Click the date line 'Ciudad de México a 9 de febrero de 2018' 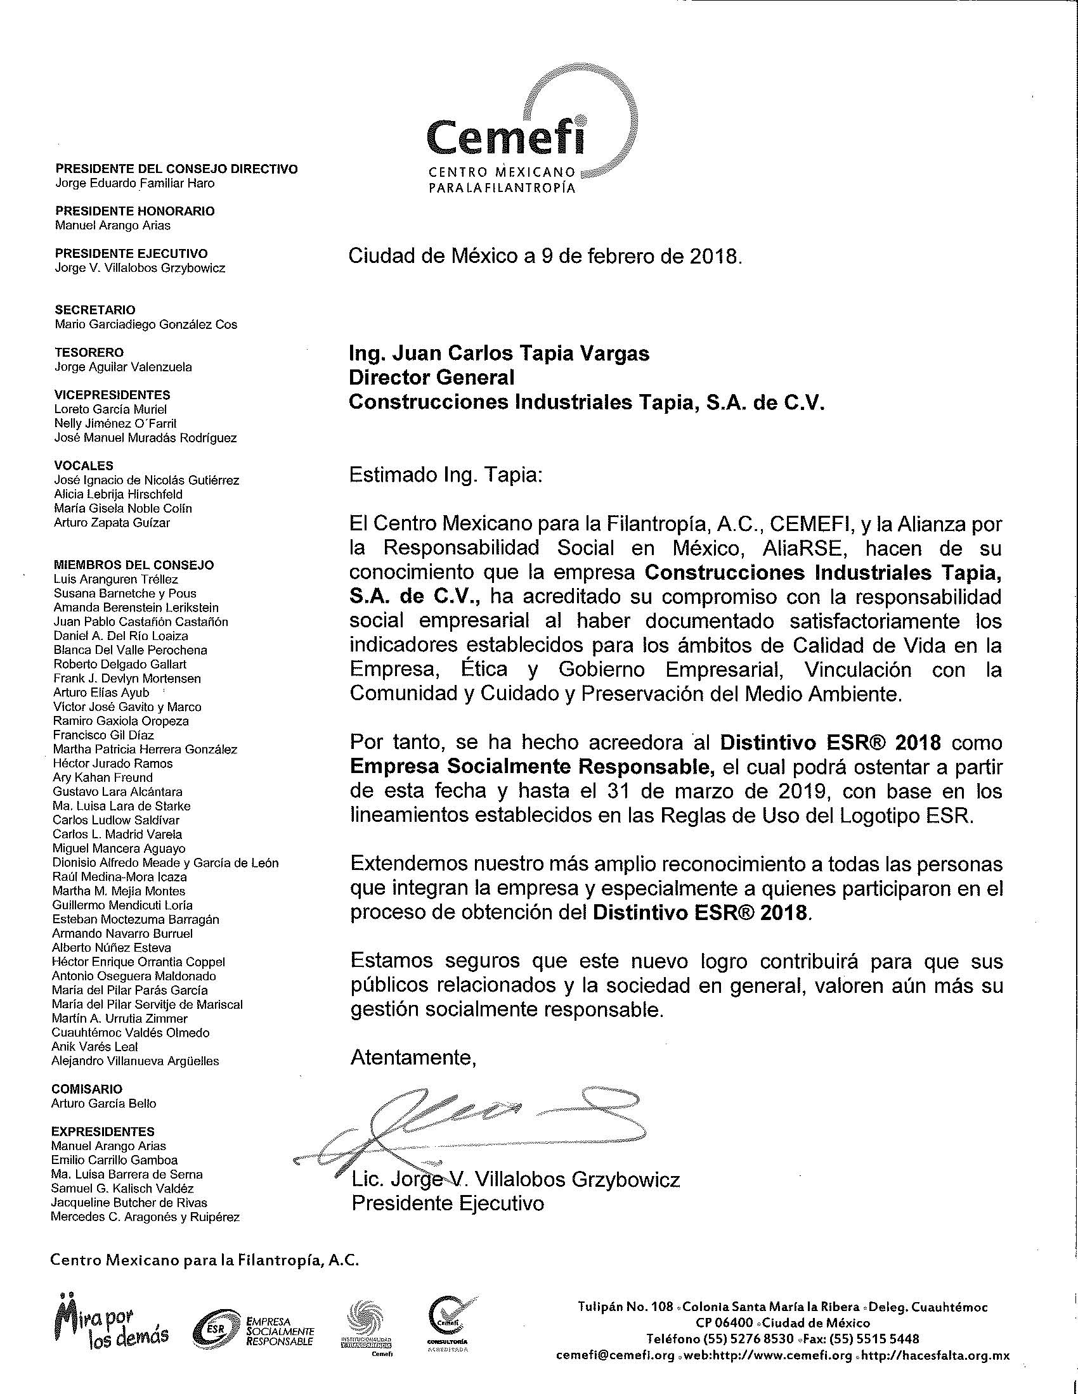545,257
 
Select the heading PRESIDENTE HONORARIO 134,211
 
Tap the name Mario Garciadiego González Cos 146,324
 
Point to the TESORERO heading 89,352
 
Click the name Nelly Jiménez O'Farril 115,423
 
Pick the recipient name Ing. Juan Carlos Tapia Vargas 499,353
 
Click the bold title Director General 431,377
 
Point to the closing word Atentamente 413,1058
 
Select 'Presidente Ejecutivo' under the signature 448,1203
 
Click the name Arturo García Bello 103,1103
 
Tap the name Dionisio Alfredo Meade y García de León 166,863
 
